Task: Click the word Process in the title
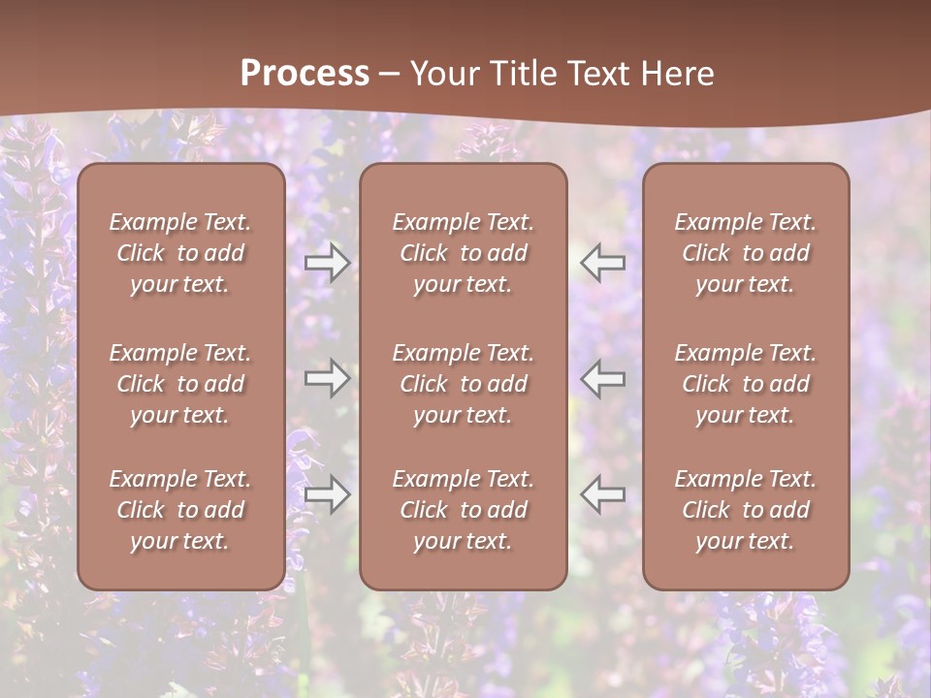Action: [305, 74]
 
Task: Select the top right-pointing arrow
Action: [327, 263]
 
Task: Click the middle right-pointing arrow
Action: [327, 378]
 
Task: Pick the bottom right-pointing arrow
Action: [327, 495]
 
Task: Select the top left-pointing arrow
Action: [603, 262]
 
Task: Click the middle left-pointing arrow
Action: [603, 378]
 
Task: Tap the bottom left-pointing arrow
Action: [603, 494]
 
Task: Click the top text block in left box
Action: [180, 253]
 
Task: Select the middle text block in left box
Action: [180, 384]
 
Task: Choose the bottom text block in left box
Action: [180, 510]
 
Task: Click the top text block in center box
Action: [464, 253]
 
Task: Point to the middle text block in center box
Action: [464, 384]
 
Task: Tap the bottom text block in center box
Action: [464, 510]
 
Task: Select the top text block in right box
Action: [746, 253]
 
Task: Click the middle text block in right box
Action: [746, 384]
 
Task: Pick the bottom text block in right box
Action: [746, 510]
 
